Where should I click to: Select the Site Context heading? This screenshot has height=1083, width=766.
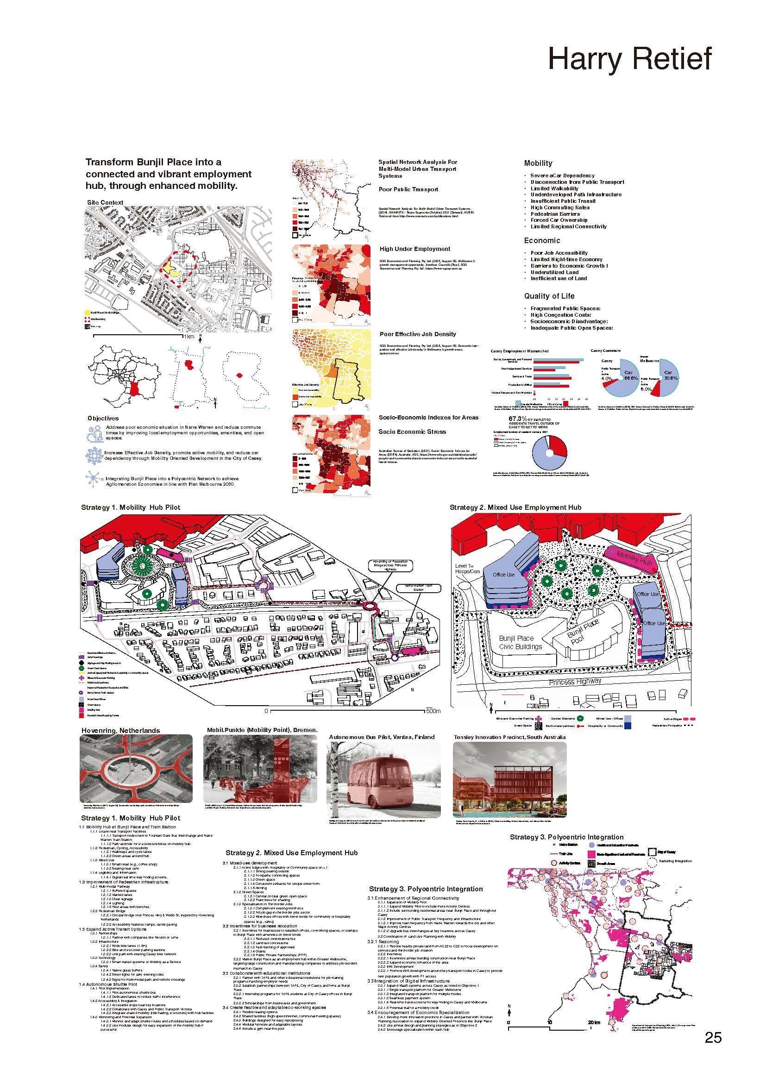(x=105, y=202)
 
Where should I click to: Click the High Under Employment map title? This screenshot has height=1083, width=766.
(x=414, y=249)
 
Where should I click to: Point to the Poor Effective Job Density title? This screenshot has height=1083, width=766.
(x=417, y=334)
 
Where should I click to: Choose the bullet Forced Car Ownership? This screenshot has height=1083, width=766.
(x=559, y=220)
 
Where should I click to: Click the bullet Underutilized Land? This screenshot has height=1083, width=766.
(x=554, y=272)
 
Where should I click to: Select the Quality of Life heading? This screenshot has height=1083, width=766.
(x=549, y=296)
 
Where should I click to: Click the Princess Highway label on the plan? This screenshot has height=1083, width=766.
(x=575, y=682)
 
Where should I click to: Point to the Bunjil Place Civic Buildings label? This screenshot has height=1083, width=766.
(x=520, y=642)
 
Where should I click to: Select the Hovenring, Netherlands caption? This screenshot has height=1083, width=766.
(x=120, y=731)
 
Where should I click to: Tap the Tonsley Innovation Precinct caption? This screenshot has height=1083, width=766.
(x=509, y=737)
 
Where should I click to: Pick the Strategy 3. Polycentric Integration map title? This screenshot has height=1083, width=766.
(x=566, y=837)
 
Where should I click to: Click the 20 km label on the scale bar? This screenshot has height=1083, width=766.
(x=594, y=1022)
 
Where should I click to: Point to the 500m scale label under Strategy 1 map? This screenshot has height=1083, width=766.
(x=433, y=711)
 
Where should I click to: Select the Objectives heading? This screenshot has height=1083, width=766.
(x=103, y=419)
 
